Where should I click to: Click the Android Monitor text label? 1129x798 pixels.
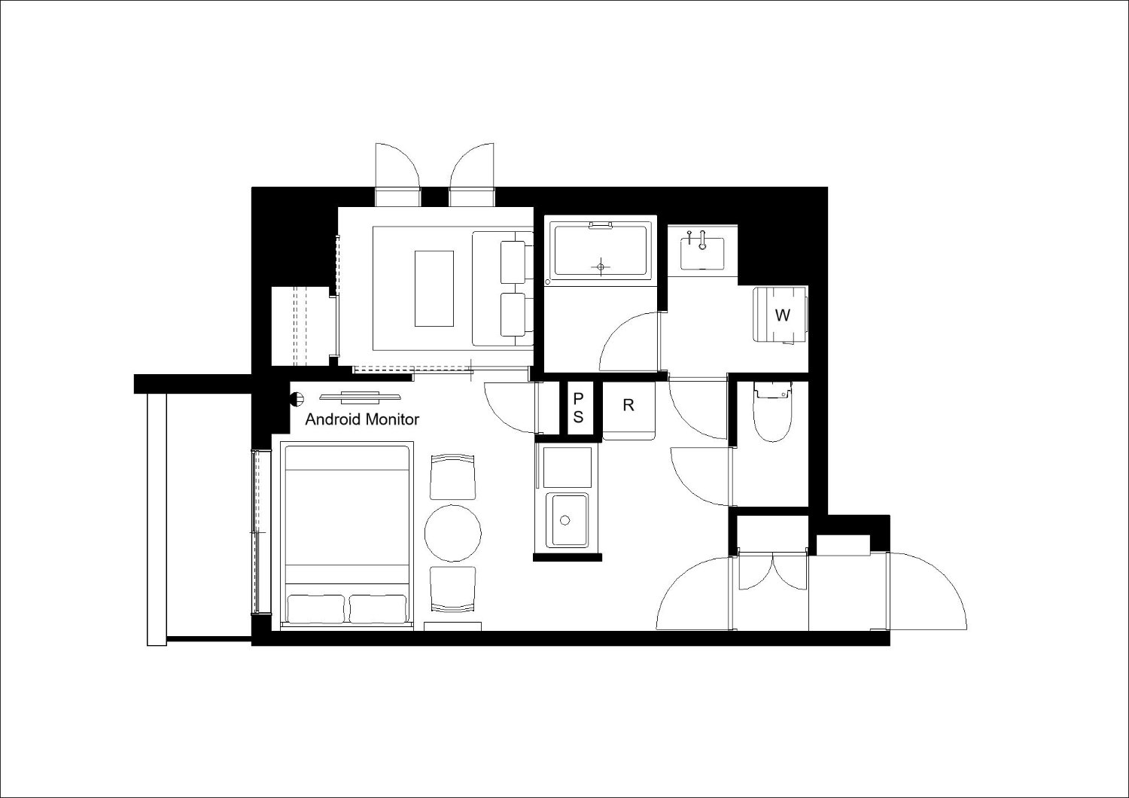point(362,419)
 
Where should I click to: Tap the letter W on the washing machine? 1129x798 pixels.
point(782,315)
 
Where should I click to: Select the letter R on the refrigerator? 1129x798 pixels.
point(628,405)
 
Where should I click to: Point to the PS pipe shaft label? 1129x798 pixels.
point(578,408)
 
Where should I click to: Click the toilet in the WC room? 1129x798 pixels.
point(772,411)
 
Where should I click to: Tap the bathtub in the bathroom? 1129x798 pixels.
point(601,250)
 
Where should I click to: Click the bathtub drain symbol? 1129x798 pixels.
point(601,267)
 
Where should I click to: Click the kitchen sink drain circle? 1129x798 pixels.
point(565,520)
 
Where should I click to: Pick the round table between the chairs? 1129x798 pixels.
point(452,533)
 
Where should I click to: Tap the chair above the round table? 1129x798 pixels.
point(452,477)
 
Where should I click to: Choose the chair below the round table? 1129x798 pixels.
point(452,589)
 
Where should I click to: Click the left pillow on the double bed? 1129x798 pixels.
point(316,609)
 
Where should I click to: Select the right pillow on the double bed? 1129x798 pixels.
point(378,609)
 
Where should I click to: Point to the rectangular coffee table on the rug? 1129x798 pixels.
point(434,288)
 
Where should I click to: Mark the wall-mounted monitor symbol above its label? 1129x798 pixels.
point(361,397)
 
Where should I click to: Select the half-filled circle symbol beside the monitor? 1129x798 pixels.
point(298,399)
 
